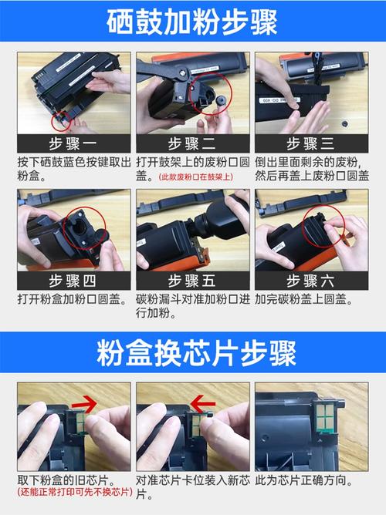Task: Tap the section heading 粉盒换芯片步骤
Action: pos(193,355)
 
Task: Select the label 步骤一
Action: pos(74,144)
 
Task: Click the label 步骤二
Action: pos(192,144)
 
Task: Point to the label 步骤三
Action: pos(311,144)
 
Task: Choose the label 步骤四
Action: pos(74,280)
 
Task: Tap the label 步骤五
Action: pos(192,280)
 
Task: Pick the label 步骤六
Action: pos(311,280)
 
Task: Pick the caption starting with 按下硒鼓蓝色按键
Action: pos(74,170)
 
